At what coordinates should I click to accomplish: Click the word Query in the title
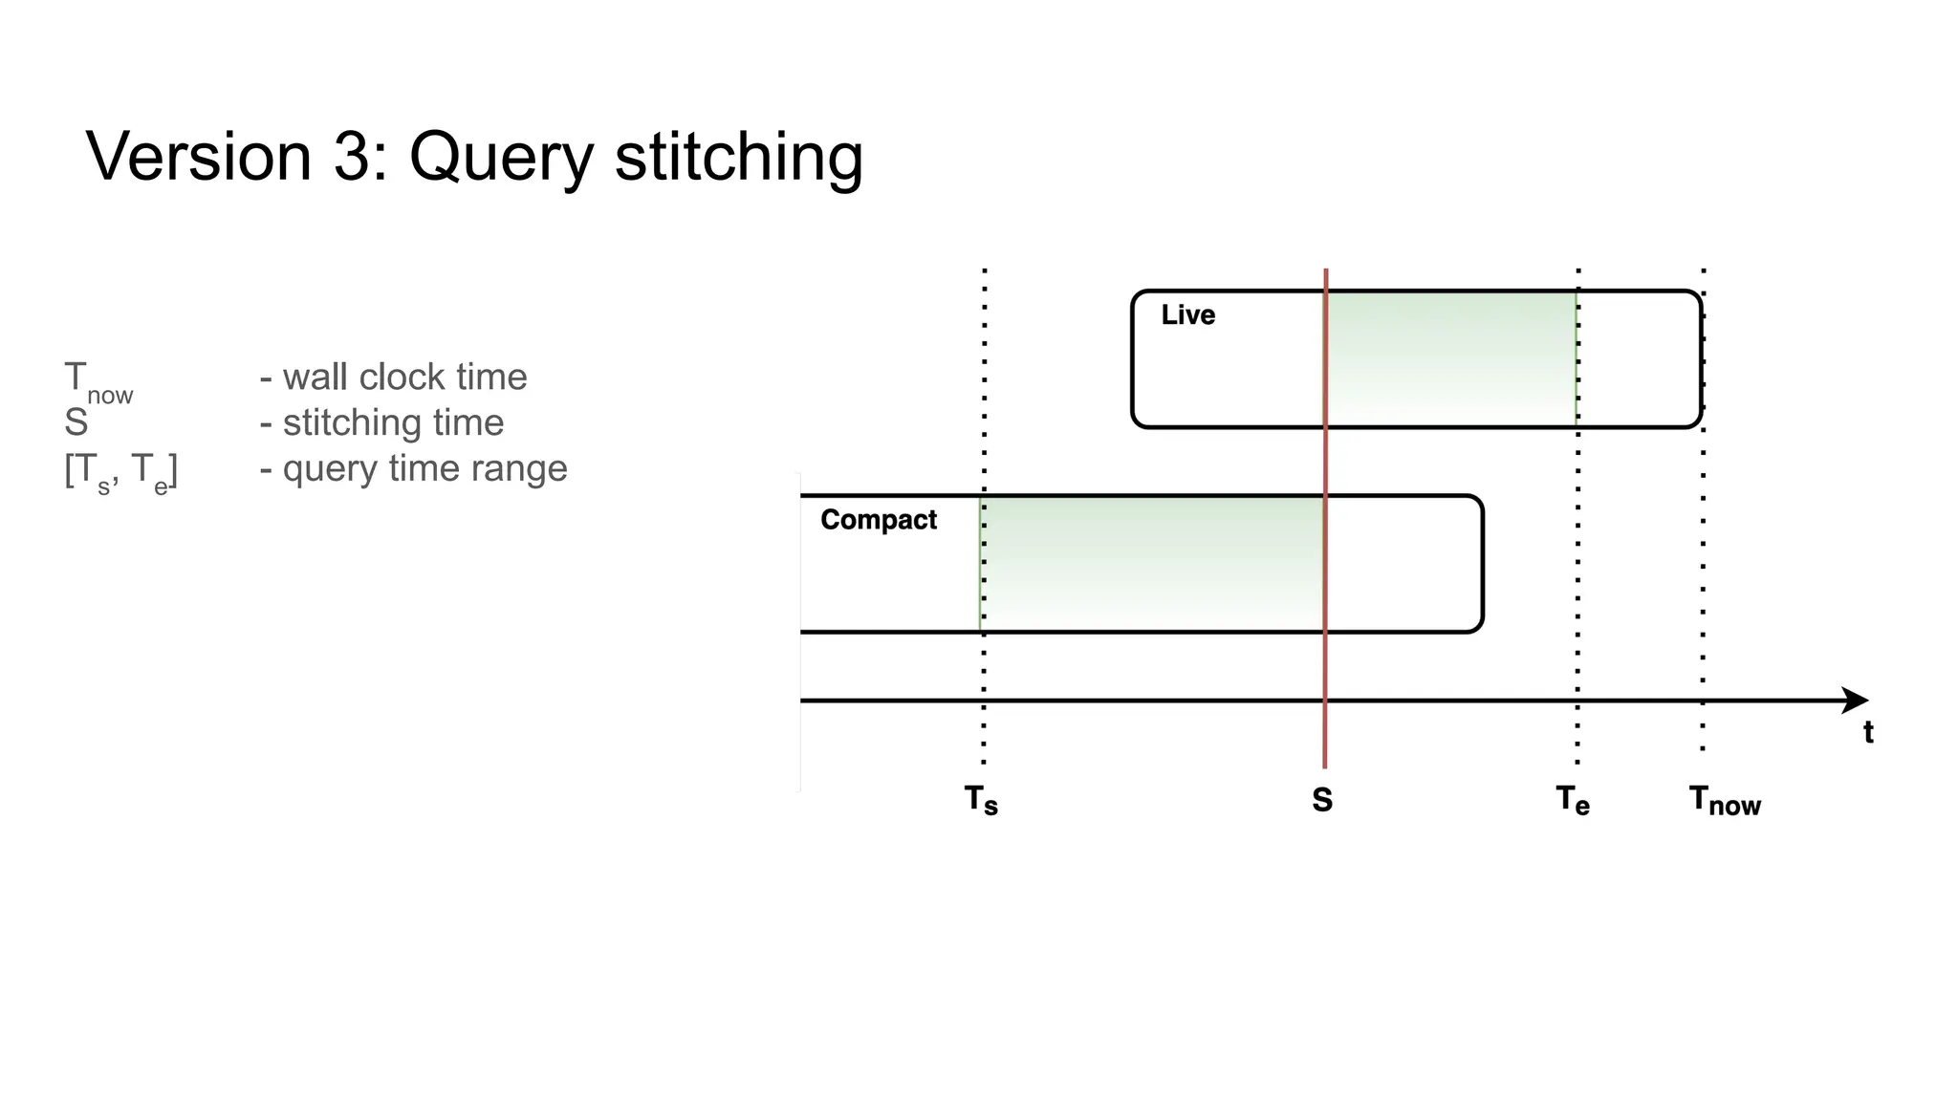[501, 159]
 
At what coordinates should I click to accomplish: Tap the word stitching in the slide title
[738, 157]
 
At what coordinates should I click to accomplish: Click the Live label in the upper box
[1187, 315]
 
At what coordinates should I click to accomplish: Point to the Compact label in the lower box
[879, 520]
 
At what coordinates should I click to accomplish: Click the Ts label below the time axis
[981, 801]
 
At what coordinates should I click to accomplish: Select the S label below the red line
[1322, 800]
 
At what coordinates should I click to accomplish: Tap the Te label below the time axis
[1573, 801]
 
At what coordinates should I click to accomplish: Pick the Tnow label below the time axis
[1725, 801]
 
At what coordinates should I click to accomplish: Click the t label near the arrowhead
[1868, 733]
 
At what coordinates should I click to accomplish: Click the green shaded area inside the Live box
[1451, 357]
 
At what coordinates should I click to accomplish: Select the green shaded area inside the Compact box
[1153, 563]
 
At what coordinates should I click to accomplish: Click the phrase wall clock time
[404, 378]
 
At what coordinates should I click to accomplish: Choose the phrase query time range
[424, 468]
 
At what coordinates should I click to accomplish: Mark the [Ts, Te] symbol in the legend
[121, 471]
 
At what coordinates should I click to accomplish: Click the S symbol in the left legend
[76, 422]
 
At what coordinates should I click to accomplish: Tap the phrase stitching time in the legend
[393, 422]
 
